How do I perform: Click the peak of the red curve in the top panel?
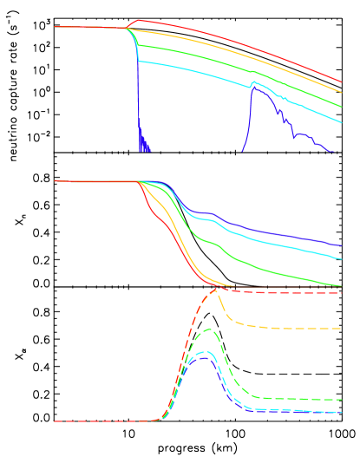pos(138,20)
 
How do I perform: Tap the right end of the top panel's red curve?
pos(341,81)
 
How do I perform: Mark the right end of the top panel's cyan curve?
pos(341,123)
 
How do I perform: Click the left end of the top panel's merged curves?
pos(55,27)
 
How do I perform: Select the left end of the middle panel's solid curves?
pos(55,181)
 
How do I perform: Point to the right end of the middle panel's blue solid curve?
pos(341,245)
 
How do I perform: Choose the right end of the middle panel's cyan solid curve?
pos(341,258)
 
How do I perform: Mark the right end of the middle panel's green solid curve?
pos(341,285)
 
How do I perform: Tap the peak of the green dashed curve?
pos(208,329)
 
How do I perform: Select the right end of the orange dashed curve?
pos(341,329)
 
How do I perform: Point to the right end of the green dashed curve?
pos(341,400)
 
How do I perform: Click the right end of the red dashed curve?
pos(341,293)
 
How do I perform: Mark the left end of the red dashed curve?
pos(55,421)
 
